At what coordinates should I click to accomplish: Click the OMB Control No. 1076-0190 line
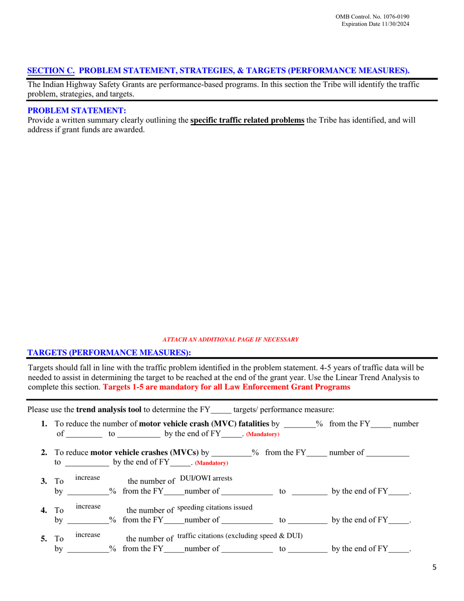[x=372, y=17]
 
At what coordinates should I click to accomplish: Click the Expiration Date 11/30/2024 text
[x=376, y=24]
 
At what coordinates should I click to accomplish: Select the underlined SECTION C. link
[x=51, y=70]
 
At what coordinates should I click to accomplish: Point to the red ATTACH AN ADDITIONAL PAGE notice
[x=231, y=339]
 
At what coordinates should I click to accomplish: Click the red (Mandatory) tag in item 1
[x=263, y=434]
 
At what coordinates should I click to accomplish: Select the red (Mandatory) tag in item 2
[x=211, y=463]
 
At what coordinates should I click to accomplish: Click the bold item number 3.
[x=44, y=481]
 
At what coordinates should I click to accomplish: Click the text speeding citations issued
[x=215, y=507]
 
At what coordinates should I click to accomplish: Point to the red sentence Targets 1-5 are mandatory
[x=227, y=387]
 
